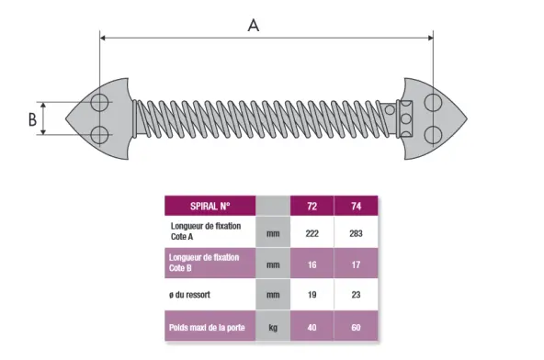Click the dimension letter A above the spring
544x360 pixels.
pyautogui.click(x=254, y=26)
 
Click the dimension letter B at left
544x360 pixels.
pyautogui.click(x=32, y=119)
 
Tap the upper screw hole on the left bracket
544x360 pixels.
pyautogui.click(x=99, y=102)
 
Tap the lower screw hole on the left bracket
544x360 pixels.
pyautogui.click(x=99, y=135)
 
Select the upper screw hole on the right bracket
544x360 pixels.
pyautogui.click(x=433, y=102)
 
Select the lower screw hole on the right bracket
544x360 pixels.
pyautogui.click(x=433, y=135)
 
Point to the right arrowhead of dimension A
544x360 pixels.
pyautogui.click(x=430, y=38)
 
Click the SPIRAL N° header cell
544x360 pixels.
pyautogui.click(x=210, y=206)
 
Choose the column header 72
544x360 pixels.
pyautogui.click(x=312, y=206)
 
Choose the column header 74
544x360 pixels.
pyautogui.click(x=356, y=206)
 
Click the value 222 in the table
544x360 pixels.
pyautogui.click(x=312, y=233)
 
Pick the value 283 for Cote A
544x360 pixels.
pyautogui.click(x=356, y=233)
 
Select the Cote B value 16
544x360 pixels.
pyautogui.click(x=312, y=264)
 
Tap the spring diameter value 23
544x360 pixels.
pyautogui.click(x=356, y=295)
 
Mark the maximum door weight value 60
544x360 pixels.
pyautogui.click(x=356, y=328)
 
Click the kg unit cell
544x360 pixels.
pyautogui.click(x=273, y=328)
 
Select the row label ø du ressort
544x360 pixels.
pyautogui.click(x=190, y=295)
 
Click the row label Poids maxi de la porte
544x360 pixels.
pyautogui.click(x=207, y=328)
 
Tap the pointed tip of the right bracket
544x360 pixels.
pyautogui.click(x=467, y=118)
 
